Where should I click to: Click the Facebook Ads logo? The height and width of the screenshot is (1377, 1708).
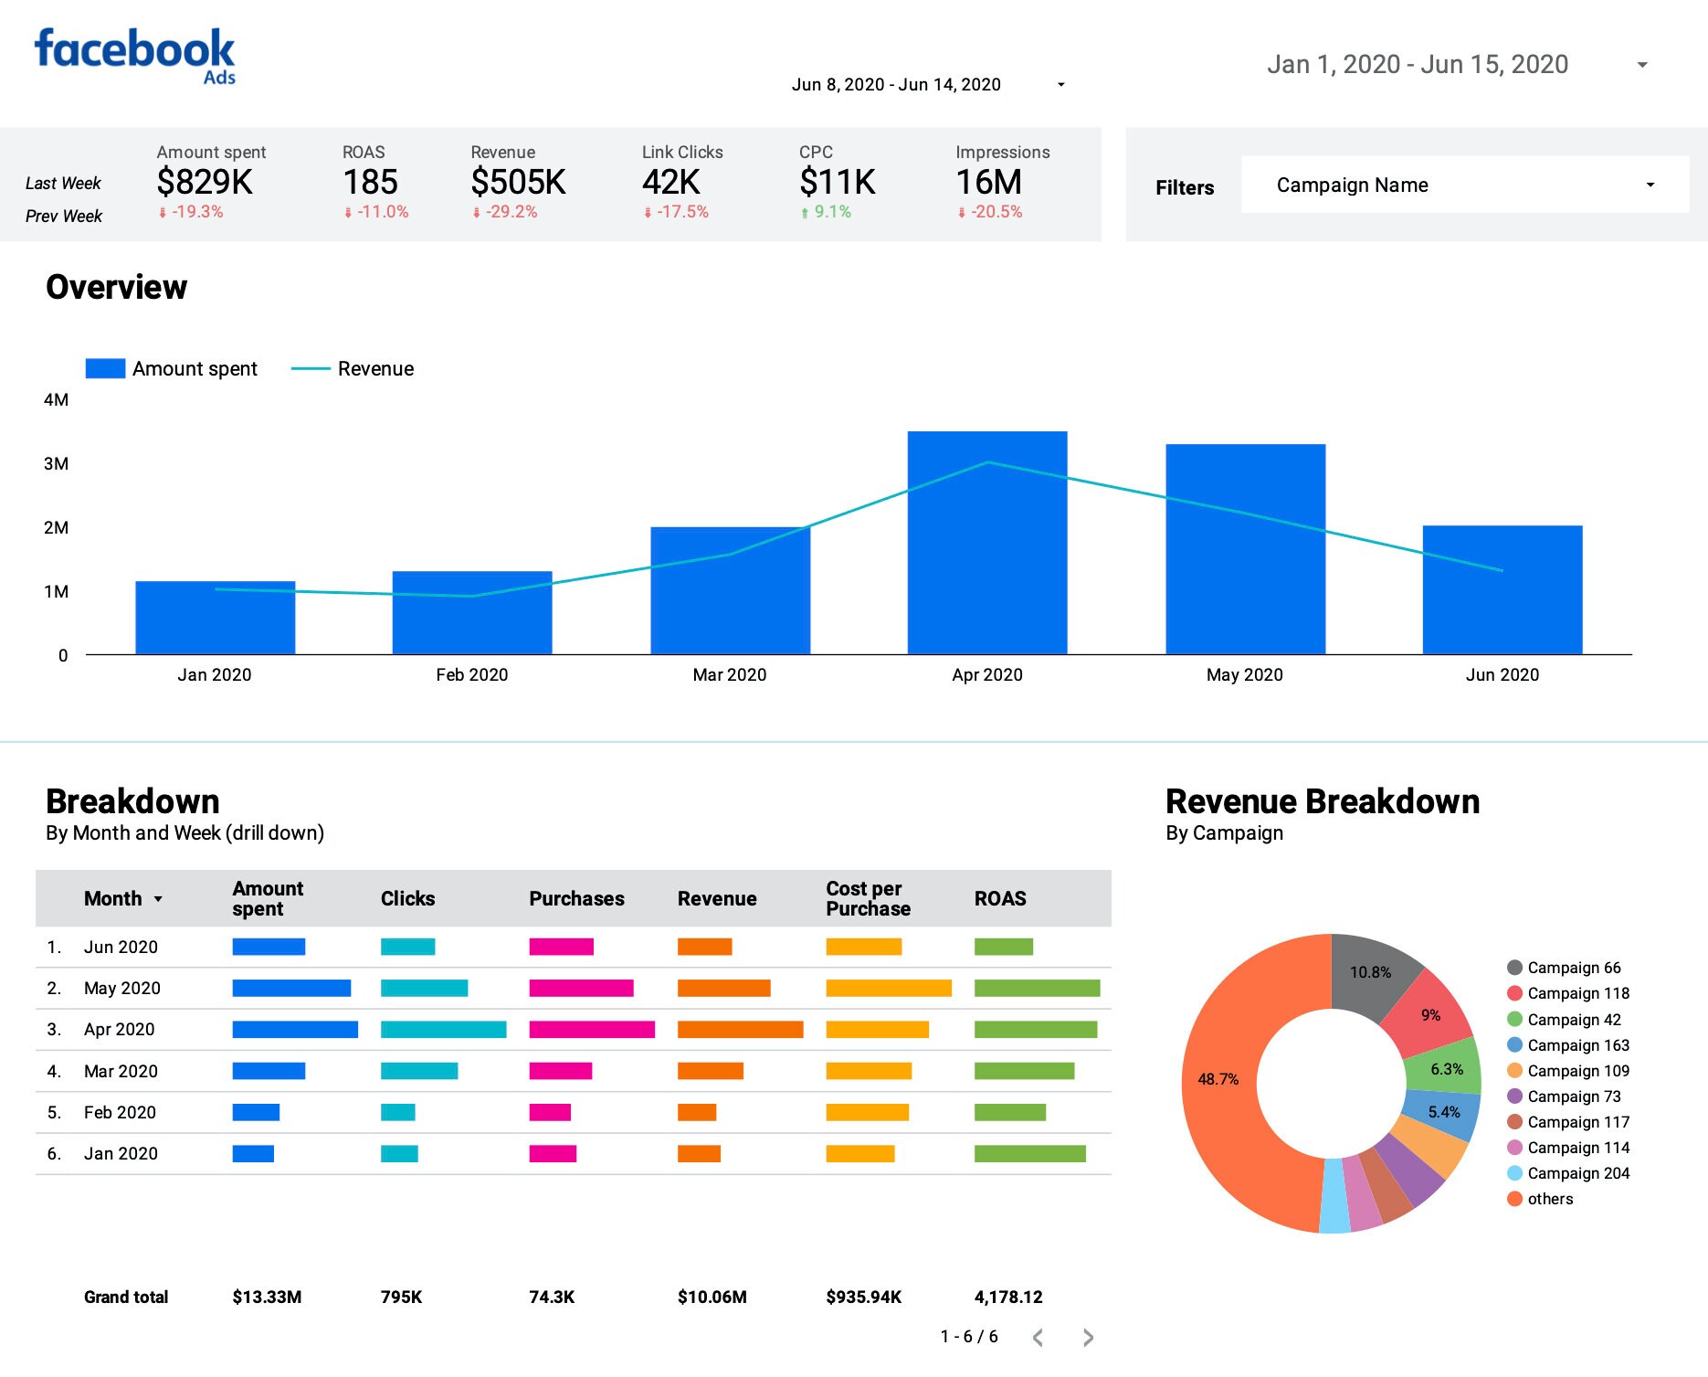135,55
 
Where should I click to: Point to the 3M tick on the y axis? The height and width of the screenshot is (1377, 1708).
56,463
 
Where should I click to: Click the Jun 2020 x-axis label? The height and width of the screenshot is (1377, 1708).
1502,674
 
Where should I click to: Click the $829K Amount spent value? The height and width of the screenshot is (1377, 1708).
205,182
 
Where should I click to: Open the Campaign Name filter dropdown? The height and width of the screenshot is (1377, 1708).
1464,185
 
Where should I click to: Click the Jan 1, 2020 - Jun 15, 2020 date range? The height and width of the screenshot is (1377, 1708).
1418,64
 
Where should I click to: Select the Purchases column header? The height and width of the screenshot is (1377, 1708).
576,898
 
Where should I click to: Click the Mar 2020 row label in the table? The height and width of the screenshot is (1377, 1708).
121,1071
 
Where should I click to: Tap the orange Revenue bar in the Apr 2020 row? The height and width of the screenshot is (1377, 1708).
740,1030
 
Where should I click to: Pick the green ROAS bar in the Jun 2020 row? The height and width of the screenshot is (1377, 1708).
1003,947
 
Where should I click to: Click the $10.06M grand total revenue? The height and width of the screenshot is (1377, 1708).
712,1297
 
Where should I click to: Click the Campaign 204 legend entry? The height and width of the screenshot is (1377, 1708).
1577,1173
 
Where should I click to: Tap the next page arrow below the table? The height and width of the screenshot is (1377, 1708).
1088,1338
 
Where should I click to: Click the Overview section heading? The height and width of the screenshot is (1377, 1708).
116,287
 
